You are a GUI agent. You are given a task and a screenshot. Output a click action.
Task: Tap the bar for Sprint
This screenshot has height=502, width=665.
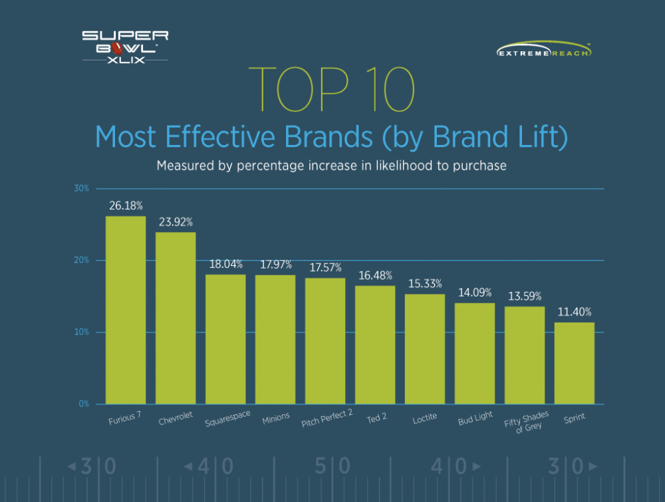(575, 363)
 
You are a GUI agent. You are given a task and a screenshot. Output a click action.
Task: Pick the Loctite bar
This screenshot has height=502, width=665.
(425, 348)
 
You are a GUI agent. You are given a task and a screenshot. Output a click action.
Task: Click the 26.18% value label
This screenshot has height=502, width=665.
(126, 206)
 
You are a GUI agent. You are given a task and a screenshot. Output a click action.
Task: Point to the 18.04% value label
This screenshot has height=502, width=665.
(226, 264)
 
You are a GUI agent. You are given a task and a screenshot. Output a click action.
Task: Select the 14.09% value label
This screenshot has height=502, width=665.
(475, 293)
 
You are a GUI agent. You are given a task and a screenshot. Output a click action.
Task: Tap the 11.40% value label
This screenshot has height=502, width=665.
(575, 312)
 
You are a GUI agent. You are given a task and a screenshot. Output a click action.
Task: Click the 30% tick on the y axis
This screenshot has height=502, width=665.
(81, 189)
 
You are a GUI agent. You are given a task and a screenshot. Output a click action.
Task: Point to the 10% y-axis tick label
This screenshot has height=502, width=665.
(81, 332)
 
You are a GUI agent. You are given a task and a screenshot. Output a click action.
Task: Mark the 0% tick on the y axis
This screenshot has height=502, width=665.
(83, 404)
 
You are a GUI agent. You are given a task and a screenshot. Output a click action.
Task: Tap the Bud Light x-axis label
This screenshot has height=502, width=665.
(475, 420)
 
